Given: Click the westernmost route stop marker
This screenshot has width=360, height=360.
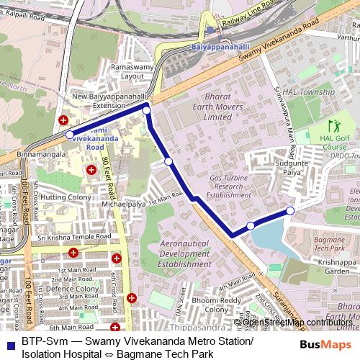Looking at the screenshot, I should click(69, 135).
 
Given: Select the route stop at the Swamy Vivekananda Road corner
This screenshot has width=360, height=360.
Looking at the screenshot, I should click(147, 110).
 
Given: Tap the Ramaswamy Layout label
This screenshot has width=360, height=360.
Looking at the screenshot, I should click(122, 71).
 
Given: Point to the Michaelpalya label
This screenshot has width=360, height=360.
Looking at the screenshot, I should click(122, 204).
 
